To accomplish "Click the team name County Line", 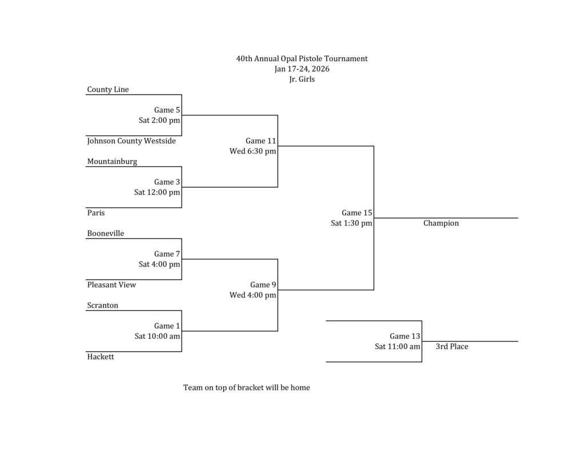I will pyautogui.click(x=108, y=90).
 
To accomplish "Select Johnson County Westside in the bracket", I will pyautogui.click(x=131, y=141).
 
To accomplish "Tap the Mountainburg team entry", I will pyautogui.click(x=112, y=162).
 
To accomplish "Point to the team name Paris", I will pyautogui.click(x=96, y=213).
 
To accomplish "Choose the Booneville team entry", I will pyautogui.click(x=106, y=234).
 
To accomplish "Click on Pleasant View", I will pyautogui.click(x=111, y=285).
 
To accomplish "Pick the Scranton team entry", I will pyautogui.click(x=103, y=306).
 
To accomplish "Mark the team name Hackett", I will pyautogui.click(x=101, y=357).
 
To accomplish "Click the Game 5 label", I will pyautogui.click(x=167, y=110).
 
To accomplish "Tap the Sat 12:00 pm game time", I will pyautogui.click(x=157, y=193).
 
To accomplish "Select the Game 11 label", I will pyautogui.click(x=261, y=141).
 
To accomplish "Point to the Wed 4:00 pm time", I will pyautogui.click(x=253, y=295).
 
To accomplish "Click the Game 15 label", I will pyautogui.click(x=357, y=213).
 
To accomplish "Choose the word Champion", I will pyautogui.click(x=441, y=223).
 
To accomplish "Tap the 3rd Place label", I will pyautogui.click(x=452, y=347).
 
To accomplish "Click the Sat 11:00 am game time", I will pyautogui.click(x=398, y=347).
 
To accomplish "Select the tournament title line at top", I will pyautogui.click(x=302, y=59).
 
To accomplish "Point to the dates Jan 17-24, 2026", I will pyautogui.click(x=302, y=69).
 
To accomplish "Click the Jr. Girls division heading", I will pyautogui.click(x=302, y=79).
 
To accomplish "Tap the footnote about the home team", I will pyautogui.click(x=247, y=388).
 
